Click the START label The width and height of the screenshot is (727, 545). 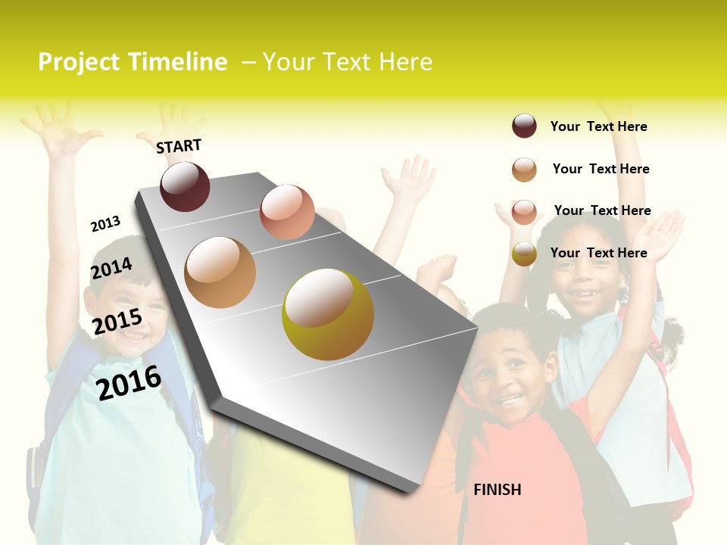(179, 145)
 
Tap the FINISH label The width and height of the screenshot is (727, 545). (497, 490)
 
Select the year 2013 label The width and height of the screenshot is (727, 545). (105, 224)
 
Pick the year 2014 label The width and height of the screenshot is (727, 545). (111, 269)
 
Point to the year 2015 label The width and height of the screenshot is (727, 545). (117, 322)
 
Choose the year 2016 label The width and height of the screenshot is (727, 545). (129, 382)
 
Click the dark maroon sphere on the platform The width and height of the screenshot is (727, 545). (185, 186)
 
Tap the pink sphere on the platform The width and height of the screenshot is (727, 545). (287, 211)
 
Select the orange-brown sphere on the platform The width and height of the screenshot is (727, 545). (220, 272)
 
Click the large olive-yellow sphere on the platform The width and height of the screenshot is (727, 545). (327, 314)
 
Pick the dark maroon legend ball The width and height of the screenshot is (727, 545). (524, 126)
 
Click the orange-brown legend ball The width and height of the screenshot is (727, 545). (524, 170)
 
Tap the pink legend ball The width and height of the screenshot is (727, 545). (524, 212)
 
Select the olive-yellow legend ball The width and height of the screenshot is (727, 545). (524, 254)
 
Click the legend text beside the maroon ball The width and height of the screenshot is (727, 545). (598, 126)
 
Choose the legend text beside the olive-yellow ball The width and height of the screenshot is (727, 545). (598, 253)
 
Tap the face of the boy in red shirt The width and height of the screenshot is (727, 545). (509, 378)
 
